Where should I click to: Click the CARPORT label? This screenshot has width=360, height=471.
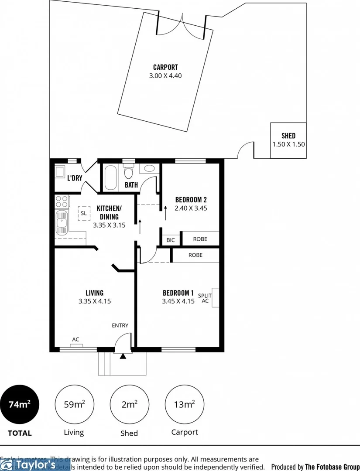coord(165,67)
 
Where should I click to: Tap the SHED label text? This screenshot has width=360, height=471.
coord(288,136)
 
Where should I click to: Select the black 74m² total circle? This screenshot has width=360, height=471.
coord(20,404)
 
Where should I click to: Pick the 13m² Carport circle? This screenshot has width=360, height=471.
coord(184,404)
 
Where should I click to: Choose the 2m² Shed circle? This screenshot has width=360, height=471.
coord(129,404)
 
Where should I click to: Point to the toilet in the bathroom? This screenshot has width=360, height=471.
coord(128,172)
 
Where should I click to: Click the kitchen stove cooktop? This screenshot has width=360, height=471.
coord(62,201)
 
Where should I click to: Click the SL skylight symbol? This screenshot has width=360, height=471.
coord(83,213)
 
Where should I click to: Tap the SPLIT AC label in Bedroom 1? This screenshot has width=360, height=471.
coord(205,298)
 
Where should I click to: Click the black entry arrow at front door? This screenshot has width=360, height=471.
coord(123,356)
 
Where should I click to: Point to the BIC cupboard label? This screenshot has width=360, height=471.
coord(171,239)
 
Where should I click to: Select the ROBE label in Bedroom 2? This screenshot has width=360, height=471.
coord(200,239)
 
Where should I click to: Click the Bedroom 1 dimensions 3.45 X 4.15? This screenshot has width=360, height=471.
coord(178,301)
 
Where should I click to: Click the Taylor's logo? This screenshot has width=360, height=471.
coord(35,464)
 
